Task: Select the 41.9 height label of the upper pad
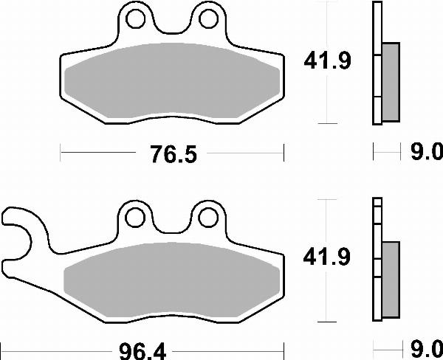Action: [326, 62]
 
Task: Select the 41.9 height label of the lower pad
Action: [326, 257]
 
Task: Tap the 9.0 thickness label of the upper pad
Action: [426, 153]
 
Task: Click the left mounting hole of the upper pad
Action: [134, 18]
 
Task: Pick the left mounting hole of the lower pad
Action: [134, 217]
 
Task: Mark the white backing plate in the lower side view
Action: [377, 258]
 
